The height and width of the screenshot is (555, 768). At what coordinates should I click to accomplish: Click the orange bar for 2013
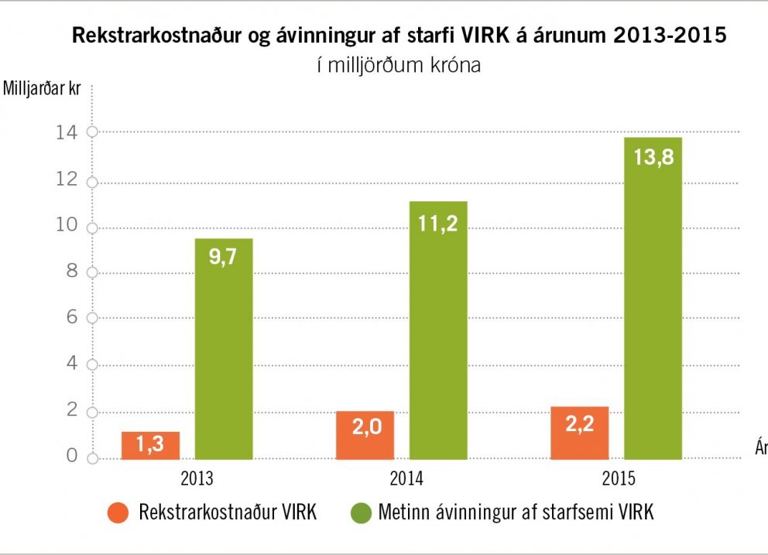[x=150, y=445]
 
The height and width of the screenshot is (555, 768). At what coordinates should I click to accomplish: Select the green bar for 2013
[x=223, y=348]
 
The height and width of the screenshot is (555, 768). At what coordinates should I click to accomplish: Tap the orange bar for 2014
[x=365, y=435]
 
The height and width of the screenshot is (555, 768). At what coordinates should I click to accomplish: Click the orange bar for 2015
[x=579, y=433]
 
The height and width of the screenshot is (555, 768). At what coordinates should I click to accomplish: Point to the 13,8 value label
[x=653, y=158]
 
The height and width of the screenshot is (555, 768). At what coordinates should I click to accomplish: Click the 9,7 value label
[x=223, y=257]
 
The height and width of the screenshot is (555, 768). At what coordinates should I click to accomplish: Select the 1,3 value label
[x=150, y=444]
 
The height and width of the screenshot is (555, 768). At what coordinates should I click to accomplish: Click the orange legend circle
[x=118, y=512]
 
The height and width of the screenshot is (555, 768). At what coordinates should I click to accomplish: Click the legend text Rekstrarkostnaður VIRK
[x=228, y=512]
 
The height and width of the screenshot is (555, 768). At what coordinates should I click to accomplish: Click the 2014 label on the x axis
[x=407, y=478]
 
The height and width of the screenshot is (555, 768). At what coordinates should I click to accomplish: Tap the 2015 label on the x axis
[x=619, y=478]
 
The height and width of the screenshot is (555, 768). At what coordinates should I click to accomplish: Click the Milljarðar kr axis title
[x=43, y=87]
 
